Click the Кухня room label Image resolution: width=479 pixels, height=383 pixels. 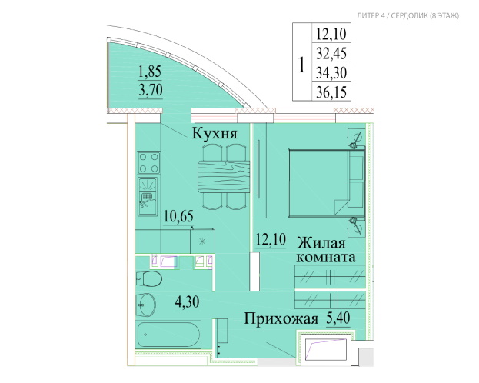pos(215,134)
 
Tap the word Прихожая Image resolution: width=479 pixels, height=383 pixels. pos(281,318)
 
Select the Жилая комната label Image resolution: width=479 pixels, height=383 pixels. pos(326,250)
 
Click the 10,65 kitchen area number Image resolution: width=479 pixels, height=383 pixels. pos(178,216)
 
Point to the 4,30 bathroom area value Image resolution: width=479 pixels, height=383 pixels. pos(187,301)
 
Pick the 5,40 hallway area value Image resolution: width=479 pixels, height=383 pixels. pos(338,318)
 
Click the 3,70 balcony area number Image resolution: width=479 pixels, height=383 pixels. pos(151,90)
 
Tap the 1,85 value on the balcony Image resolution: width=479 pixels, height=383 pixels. pos(150,72)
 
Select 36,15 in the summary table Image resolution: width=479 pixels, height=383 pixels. pos(331,92)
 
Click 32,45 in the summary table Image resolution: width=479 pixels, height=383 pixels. pos(331,53)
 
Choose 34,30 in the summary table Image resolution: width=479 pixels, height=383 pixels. pos(331,72)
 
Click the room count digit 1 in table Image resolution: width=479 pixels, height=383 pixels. pos(301,65)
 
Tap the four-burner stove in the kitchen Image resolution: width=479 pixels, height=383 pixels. pos(148,162)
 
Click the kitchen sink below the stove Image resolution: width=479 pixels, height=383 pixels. pos(148,197)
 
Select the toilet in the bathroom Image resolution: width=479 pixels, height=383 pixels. pos(148,278)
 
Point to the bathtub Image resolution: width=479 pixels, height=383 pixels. pos(168,335)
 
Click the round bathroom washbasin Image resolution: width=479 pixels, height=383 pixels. pos(146,305)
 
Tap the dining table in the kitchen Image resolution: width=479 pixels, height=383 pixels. pos(224,177)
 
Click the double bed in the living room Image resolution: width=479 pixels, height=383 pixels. pos(327,183)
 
